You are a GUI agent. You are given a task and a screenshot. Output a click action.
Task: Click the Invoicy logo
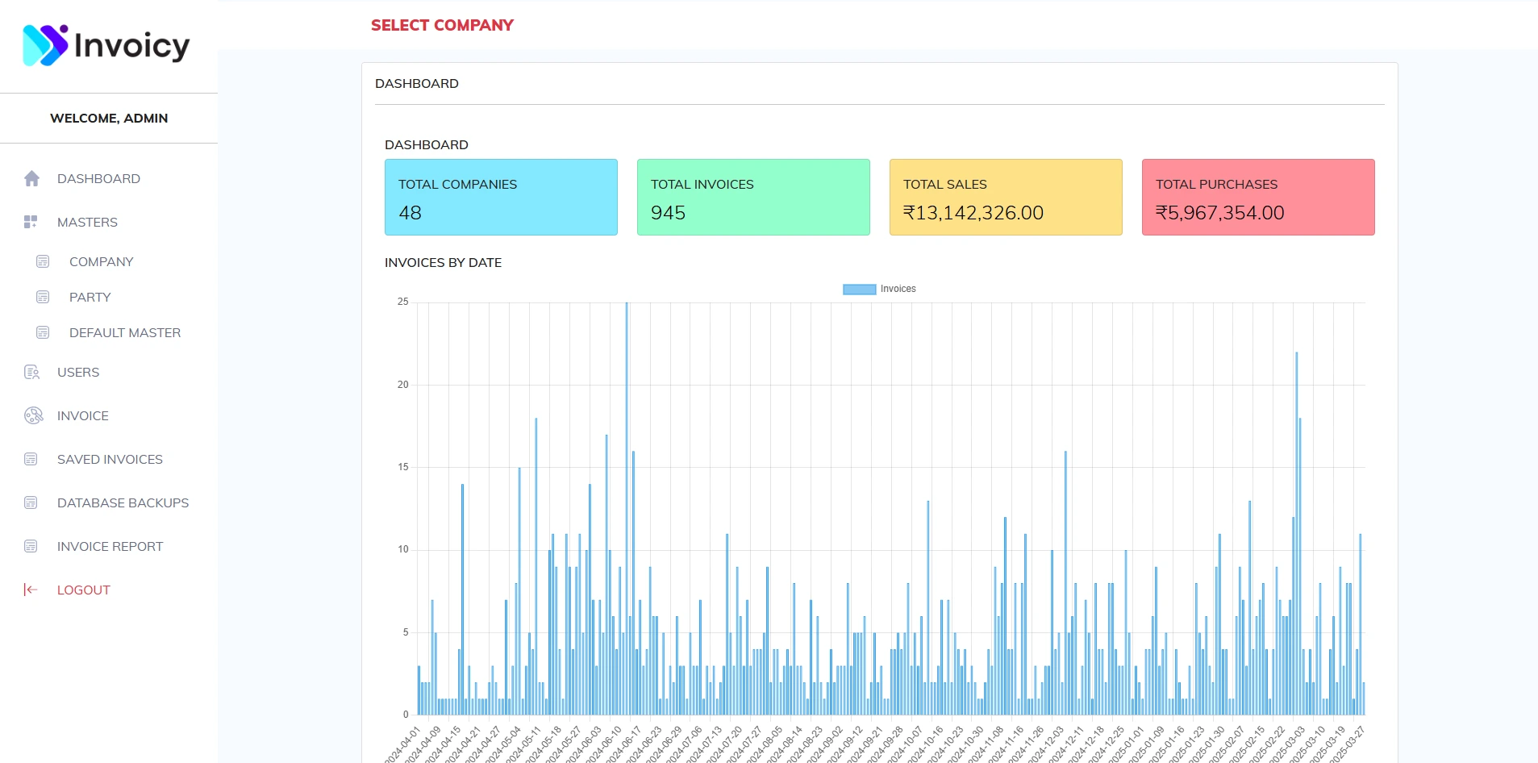click(106, 45)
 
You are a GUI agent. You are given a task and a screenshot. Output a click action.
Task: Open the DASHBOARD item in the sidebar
click(98, 179)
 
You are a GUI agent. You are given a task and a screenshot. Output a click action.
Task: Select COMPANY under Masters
click(101, 262)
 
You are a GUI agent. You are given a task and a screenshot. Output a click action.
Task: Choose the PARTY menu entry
click(90, 298)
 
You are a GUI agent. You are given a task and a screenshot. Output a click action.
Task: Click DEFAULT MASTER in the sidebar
click(124, 333)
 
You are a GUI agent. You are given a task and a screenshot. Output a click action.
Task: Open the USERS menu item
click(78, 373)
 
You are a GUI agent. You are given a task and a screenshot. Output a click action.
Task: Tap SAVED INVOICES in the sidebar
click(110, 460)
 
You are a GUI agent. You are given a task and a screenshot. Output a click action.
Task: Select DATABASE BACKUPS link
click(123, 503)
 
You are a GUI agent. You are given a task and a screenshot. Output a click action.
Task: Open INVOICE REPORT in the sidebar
click(110, 547)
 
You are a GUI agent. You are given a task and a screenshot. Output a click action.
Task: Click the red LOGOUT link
click(83, 590)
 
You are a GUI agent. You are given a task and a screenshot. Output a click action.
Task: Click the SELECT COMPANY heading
click(442, 26)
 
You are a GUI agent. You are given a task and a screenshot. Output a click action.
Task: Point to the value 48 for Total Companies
click(411, 213)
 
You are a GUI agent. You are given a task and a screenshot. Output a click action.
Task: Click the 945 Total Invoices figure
click(668, 213)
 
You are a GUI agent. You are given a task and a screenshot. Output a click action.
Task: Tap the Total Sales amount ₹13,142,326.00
click(973, 213)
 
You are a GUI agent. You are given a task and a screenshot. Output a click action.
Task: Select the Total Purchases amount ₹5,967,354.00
click(1220, 213)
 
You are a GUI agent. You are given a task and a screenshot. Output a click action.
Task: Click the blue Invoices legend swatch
click(859, 290)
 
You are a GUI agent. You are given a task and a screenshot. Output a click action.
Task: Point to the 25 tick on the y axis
click(403, 302)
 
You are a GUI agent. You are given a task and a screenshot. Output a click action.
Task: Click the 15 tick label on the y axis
click(403, 467)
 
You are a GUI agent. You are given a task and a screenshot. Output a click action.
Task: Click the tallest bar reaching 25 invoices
click(627, 508)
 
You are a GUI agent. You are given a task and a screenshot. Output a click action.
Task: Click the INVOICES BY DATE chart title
click(443, 263)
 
